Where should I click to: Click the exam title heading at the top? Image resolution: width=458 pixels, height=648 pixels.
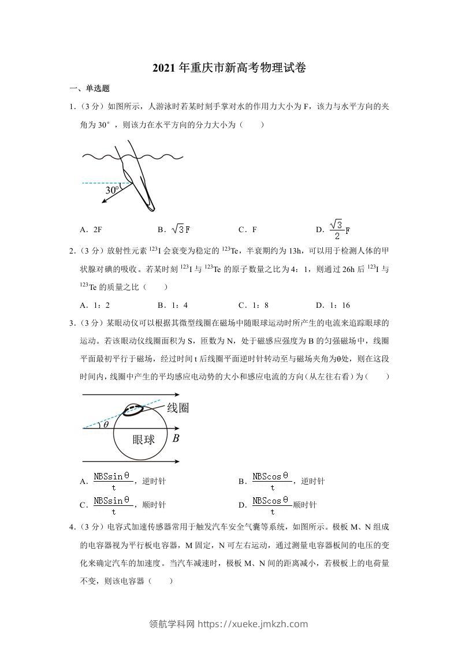(x=229, y=68)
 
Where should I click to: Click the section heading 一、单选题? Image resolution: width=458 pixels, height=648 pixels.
(x=90, y=88)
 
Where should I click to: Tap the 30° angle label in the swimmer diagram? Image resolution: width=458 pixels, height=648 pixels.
(x=112, y=189)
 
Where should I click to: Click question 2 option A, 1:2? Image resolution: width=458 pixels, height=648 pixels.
(x=95, y=305)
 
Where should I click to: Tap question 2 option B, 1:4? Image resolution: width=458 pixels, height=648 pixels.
(x=173, y=305)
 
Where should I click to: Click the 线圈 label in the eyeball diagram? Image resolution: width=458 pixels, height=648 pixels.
(x=178, y=408)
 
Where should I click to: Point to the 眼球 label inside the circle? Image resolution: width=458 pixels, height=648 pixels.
(x=144, y=440)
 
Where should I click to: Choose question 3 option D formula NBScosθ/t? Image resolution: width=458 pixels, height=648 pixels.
(x=271, y=505)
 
